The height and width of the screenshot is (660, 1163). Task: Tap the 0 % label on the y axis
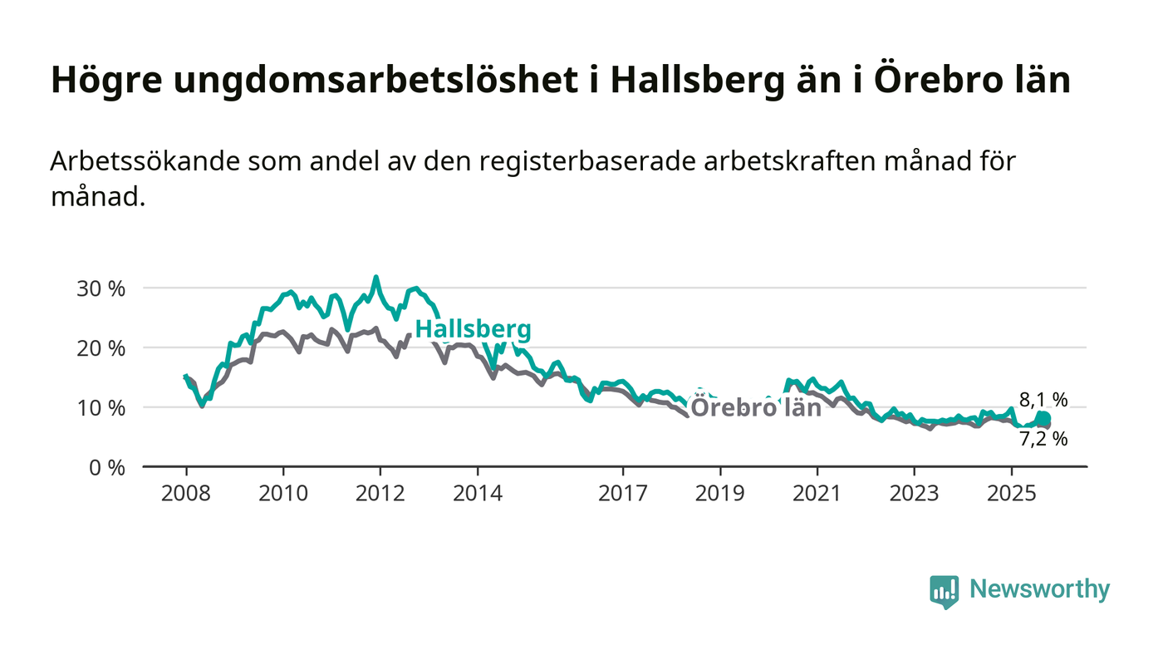(109, 468)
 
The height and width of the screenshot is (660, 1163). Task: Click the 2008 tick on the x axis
(186, 493)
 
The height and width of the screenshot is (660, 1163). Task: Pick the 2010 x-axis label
(283, 493)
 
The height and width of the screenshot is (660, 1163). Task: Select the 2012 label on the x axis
(380, 493)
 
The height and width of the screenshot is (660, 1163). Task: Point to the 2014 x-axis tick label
(478, 493)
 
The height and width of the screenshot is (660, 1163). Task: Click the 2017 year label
(623, 493)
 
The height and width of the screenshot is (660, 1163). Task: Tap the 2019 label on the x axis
(720, 493)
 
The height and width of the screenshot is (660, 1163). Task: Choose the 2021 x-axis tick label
(817, 493)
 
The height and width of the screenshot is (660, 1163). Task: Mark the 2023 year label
(915, 493)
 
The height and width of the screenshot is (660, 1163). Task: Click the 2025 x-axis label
(1012, 493)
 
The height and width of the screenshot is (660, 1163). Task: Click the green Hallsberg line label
(473, 330)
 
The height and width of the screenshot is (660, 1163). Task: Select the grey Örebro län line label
(756, 408)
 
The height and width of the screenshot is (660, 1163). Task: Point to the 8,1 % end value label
(1043, 400)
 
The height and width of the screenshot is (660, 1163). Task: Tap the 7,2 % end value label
(1043, 439)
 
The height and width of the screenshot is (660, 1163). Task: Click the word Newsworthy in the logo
(1040, 589)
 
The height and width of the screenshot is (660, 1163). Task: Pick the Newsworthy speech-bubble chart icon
(945, 591)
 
